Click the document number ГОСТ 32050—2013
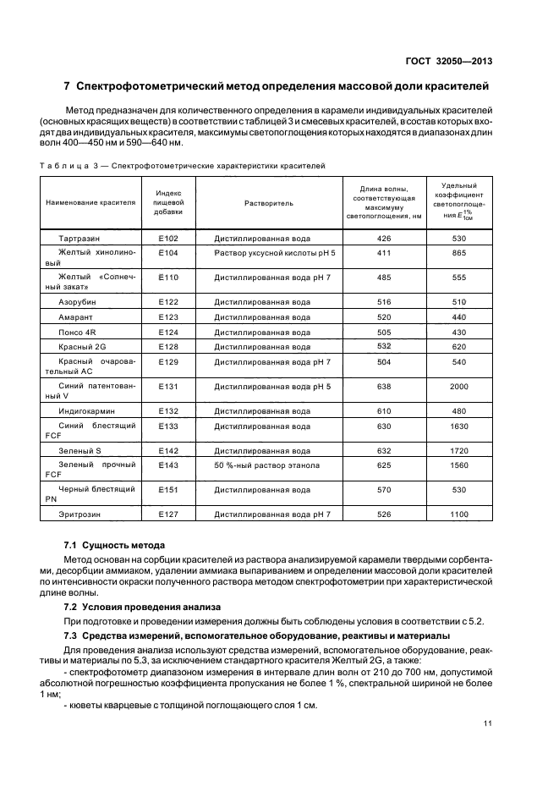[449, 59]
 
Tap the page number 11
[487, 723]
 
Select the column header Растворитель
[268, 203]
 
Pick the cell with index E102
[167, 239]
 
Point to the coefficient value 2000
[459, 387]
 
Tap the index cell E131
[167, 387]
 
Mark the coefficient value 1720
[459, 450]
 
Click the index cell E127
[167, 514]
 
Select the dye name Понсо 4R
[77, 332]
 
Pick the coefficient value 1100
[459, 514]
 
